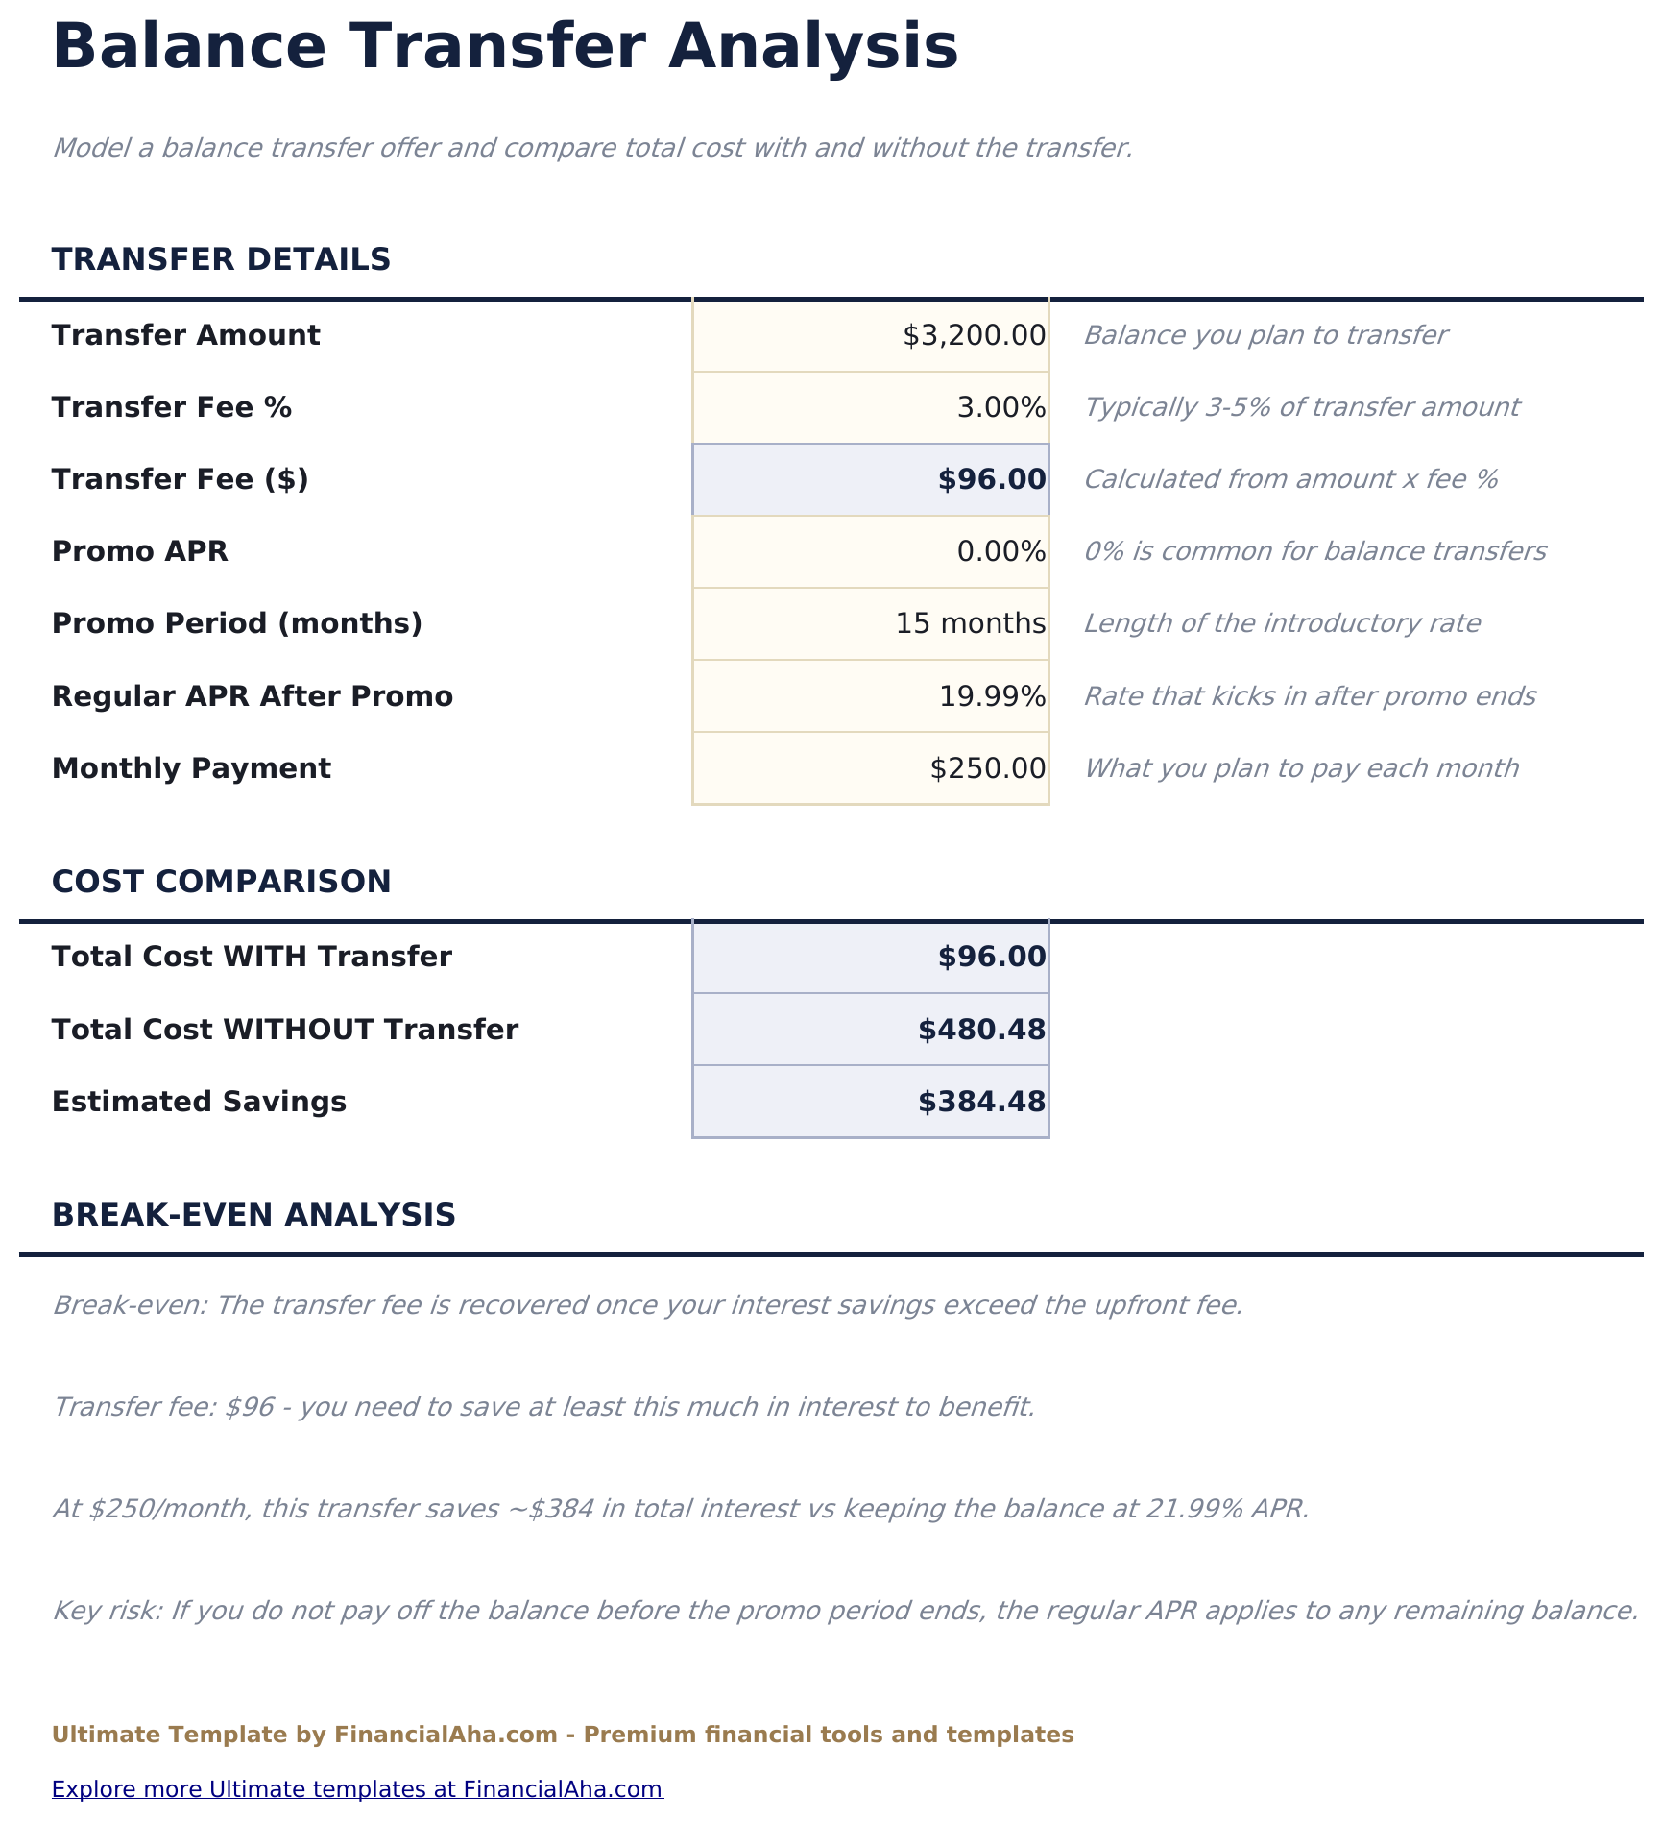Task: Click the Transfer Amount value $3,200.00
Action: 974,335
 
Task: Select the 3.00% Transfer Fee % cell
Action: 1000,407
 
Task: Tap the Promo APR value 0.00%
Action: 1000,551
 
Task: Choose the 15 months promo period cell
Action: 970,623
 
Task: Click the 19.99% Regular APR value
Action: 992,695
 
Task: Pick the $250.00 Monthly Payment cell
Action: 987,768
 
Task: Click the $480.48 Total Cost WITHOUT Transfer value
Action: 981,1030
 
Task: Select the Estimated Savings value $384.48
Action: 981,1102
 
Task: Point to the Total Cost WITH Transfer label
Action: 252,957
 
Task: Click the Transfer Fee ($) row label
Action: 181,478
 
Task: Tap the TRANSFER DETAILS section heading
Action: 221,259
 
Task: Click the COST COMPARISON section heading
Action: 221,881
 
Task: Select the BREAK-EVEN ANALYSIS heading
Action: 253,1215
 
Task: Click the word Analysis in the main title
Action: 812,46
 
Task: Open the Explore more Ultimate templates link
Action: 357,1789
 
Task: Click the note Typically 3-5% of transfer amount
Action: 1301,407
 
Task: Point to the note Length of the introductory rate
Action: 1282,623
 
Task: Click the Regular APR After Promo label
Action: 252,695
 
